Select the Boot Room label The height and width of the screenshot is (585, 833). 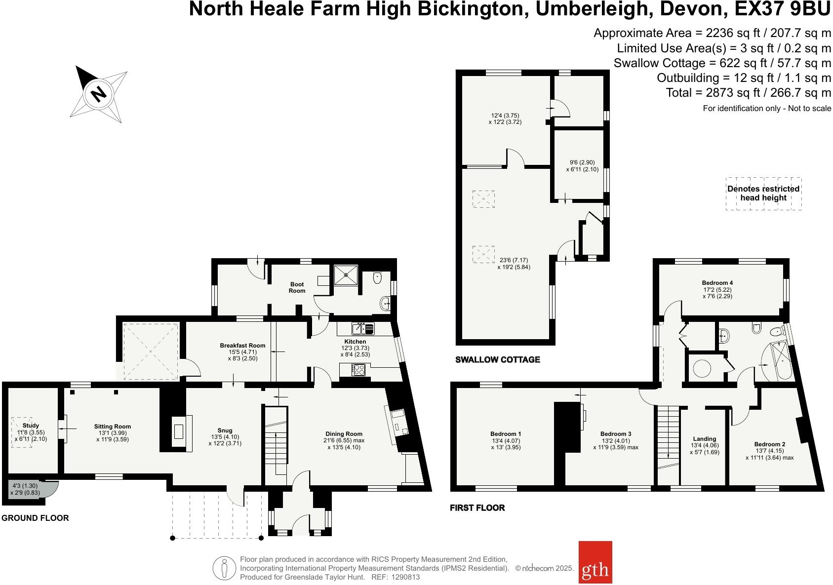coord(297,287)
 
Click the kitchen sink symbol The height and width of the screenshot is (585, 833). coord(363,328)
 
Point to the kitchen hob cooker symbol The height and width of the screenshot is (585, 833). coord(358,369)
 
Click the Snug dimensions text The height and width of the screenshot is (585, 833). coord(225,440)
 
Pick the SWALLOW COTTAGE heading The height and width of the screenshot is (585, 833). coord(497,359)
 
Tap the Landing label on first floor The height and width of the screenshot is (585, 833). coord(704,438)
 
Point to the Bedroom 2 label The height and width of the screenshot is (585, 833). coord(769,444)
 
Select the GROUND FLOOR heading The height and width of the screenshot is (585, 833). coord(35,518)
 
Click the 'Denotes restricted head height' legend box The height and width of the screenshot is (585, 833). coord(763,194)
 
